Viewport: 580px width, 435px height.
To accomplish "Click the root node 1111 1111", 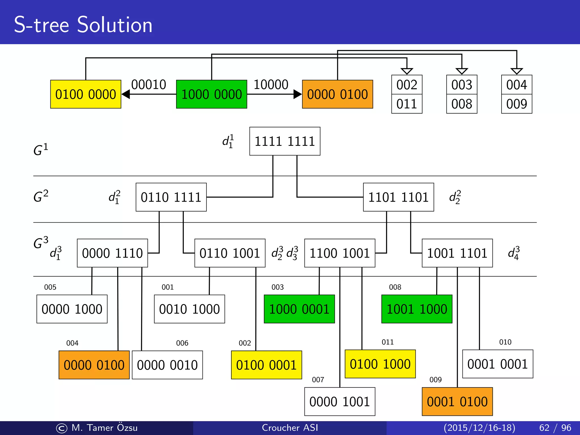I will tap(285, 141).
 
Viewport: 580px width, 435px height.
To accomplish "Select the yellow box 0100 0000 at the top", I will tap(86, 94).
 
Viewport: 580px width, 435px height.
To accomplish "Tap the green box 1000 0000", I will tap(212, 94).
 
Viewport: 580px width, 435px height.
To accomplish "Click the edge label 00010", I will tap(148, 85).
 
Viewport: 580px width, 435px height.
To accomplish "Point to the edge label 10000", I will tap(271, 85).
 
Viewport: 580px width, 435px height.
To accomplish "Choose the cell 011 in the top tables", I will tap(407, 104).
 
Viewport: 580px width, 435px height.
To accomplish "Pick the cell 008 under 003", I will tap(462, 104).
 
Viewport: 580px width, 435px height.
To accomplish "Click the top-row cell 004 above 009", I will tap(517, 85).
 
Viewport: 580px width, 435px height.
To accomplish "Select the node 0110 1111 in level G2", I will tap(171, 197).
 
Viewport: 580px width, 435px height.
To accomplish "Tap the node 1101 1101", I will tap(398, 197).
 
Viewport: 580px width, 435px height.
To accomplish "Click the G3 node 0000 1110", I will tap(112, 253).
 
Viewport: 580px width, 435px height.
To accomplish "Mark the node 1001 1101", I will tap(457, 253).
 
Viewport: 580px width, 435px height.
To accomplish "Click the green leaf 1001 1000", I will tap(417, 309).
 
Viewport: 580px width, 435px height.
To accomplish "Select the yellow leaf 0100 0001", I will tap(266, 365).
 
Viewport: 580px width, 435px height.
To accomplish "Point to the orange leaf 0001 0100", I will tap(457, 402).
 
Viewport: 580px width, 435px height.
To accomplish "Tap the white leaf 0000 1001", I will tap(340, 402).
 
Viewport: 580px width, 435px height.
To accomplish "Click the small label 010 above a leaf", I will tap(505, 342).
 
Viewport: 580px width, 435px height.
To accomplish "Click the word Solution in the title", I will tap(115, 25).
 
